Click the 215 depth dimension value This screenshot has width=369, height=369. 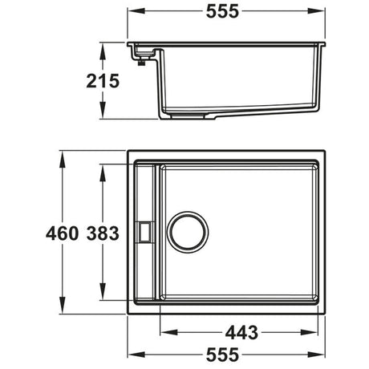click(x=103, y=80)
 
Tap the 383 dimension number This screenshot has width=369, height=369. click(x=106, y=233)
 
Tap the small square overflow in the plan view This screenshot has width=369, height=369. click(x=144, y=231)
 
